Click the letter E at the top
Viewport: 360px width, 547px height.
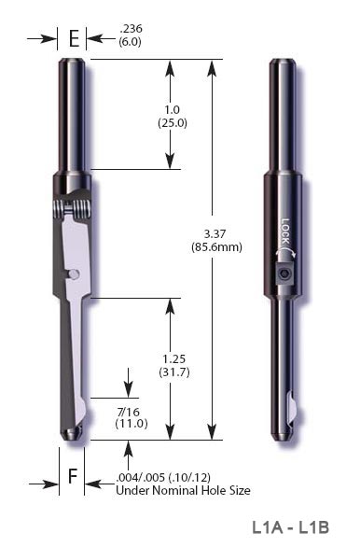pos(73,39)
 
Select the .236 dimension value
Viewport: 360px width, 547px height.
pos(130,30)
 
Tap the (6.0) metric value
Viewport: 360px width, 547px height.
pos(130,42)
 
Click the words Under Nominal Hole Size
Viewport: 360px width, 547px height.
pos(183,490)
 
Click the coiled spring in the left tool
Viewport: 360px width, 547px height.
pos(70,208)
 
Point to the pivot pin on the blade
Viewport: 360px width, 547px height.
pos(74,273)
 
